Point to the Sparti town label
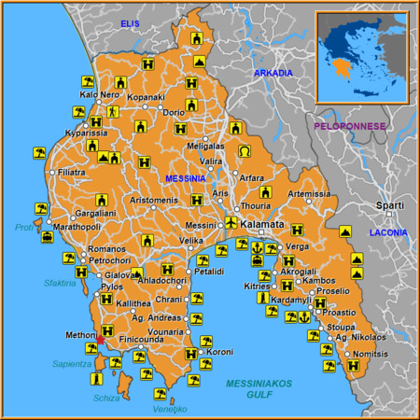tap(389, 205)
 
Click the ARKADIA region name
tap(273, 73)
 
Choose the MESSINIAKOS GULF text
tap(259, 389)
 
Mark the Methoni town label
tap(81, 335)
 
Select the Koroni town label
tap(221, 352)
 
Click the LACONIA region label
tap(388, 231)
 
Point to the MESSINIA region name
tap(186, 178)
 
